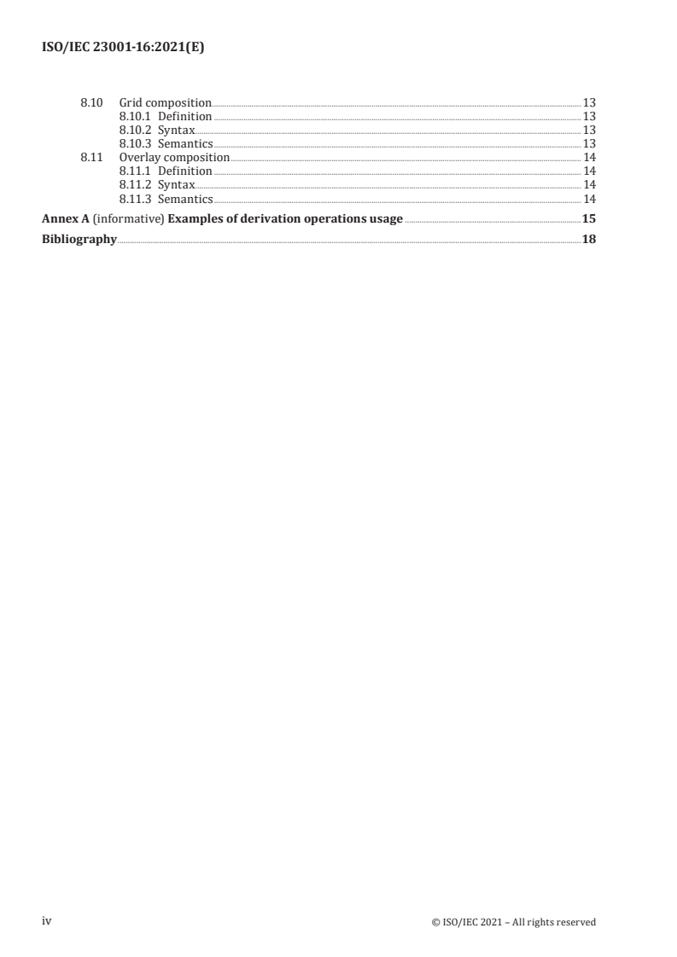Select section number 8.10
point(91,102)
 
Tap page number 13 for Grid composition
point(588,102)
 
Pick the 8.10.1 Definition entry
point(166,116)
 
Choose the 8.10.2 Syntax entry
point(157,130)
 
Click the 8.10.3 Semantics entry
point(166,143)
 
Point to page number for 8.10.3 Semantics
point(588,143)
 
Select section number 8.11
point(91,158)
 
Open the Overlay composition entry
point(174,158)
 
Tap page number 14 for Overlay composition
point(588,158)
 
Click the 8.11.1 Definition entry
point(166,171)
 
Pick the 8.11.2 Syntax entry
point(157,185)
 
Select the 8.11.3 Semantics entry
point(166,199)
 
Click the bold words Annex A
point(64,219)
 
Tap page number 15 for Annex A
point(588,219)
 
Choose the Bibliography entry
point(79,240)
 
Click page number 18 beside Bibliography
point(588,240)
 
